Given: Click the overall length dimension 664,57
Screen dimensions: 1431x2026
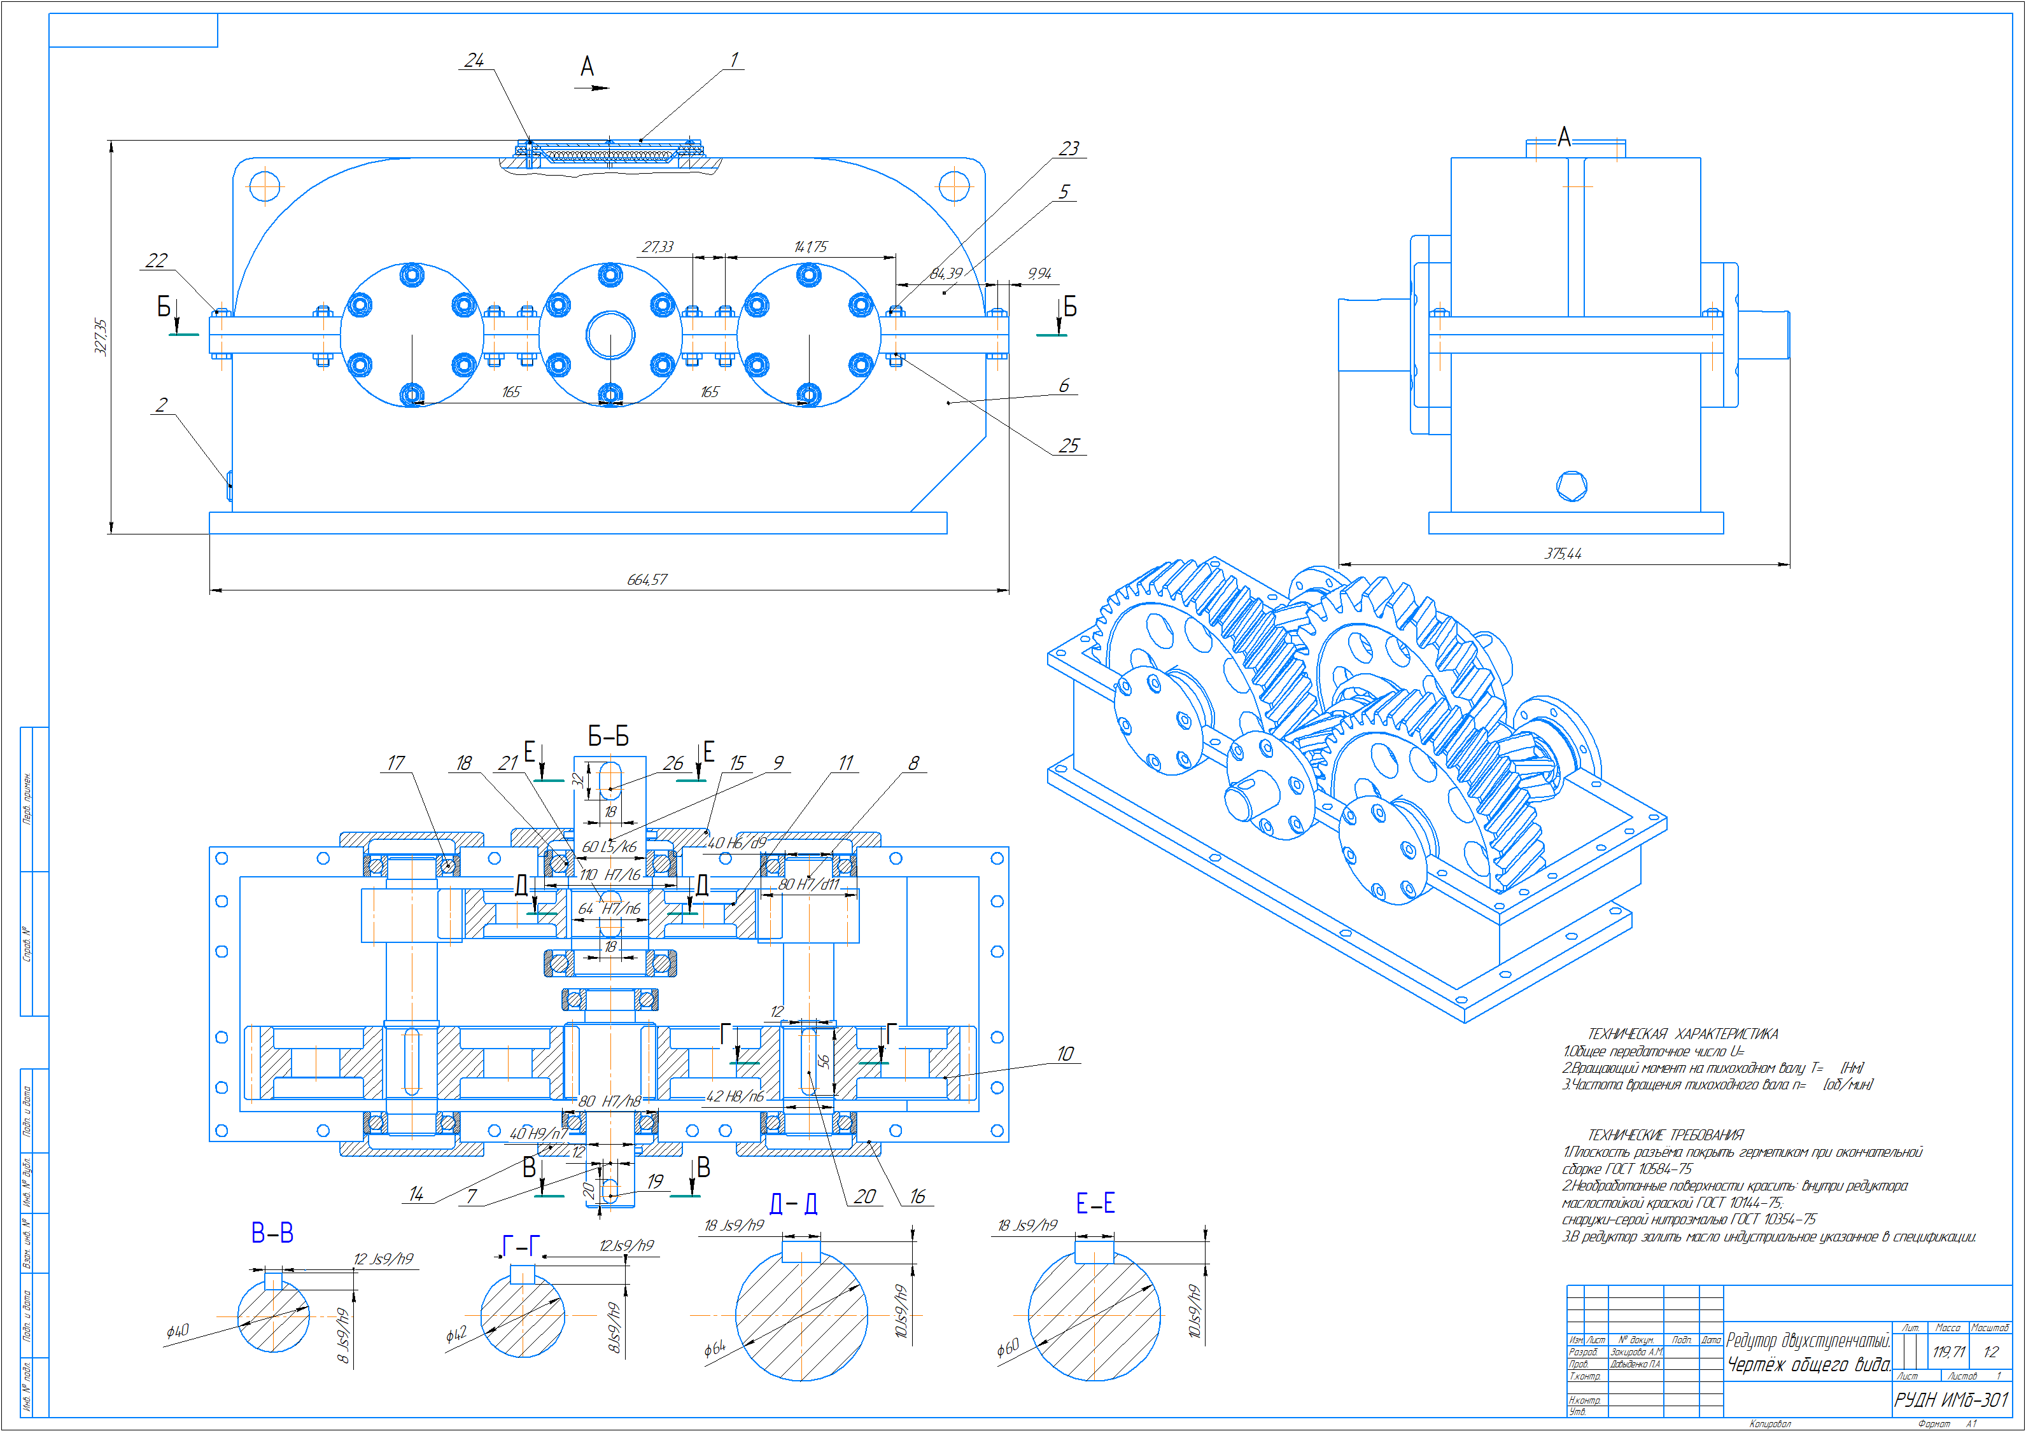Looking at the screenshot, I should point(647,580).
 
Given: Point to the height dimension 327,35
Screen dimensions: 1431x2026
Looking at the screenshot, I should point(101,337).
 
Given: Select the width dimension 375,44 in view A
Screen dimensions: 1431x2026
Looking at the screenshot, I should point(1563,554).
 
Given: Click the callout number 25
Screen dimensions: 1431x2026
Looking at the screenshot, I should point(1069,447).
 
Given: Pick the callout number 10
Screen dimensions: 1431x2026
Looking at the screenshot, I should point(1065,1054).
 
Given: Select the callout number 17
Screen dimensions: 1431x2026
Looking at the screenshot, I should point(395,763).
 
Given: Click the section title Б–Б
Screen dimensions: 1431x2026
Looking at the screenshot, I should point(608,737).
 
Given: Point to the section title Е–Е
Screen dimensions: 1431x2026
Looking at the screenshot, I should point(1095,1203).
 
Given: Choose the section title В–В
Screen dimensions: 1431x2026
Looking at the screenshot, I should point(272,1233).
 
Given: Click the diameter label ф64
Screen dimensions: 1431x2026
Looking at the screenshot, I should point(714,1348).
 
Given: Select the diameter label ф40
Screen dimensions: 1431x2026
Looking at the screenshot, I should point(178,1331).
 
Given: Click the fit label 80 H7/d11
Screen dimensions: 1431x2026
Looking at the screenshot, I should point(807,884).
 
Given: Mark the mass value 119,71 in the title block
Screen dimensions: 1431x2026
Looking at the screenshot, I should point(1948,1351).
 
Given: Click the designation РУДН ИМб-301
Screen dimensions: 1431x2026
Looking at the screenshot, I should point(1951,1400).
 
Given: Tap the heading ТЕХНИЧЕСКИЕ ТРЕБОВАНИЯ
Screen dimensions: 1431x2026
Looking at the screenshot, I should point(1665,1136).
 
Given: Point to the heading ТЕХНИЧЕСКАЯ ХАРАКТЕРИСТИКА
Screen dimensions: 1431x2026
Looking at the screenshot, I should point(1683,1034).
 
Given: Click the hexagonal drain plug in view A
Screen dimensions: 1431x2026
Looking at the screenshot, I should point(1572,485).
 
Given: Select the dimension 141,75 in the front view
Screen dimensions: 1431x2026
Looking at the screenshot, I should point(810,247).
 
